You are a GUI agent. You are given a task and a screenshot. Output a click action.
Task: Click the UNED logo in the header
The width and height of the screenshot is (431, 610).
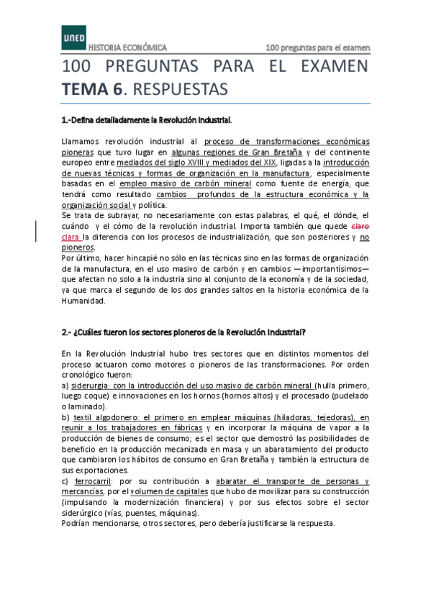pos(73,37)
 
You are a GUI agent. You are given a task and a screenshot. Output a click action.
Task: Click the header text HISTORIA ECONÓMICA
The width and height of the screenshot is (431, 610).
pos(127,48)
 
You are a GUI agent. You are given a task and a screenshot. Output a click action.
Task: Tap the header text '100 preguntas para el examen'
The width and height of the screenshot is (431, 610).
pos(317,48)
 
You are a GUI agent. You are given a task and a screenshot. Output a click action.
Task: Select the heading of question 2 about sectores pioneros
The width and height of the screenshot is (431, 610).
pos(184,332)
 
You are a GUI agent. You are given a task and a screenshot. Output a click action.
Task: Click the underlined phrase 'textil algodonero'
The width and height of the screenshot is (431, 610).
pos(105,417)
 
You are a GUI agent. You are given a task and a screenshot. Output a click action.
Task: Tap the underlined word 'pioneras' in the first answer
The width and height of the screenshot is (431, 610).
pos(77,152)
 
